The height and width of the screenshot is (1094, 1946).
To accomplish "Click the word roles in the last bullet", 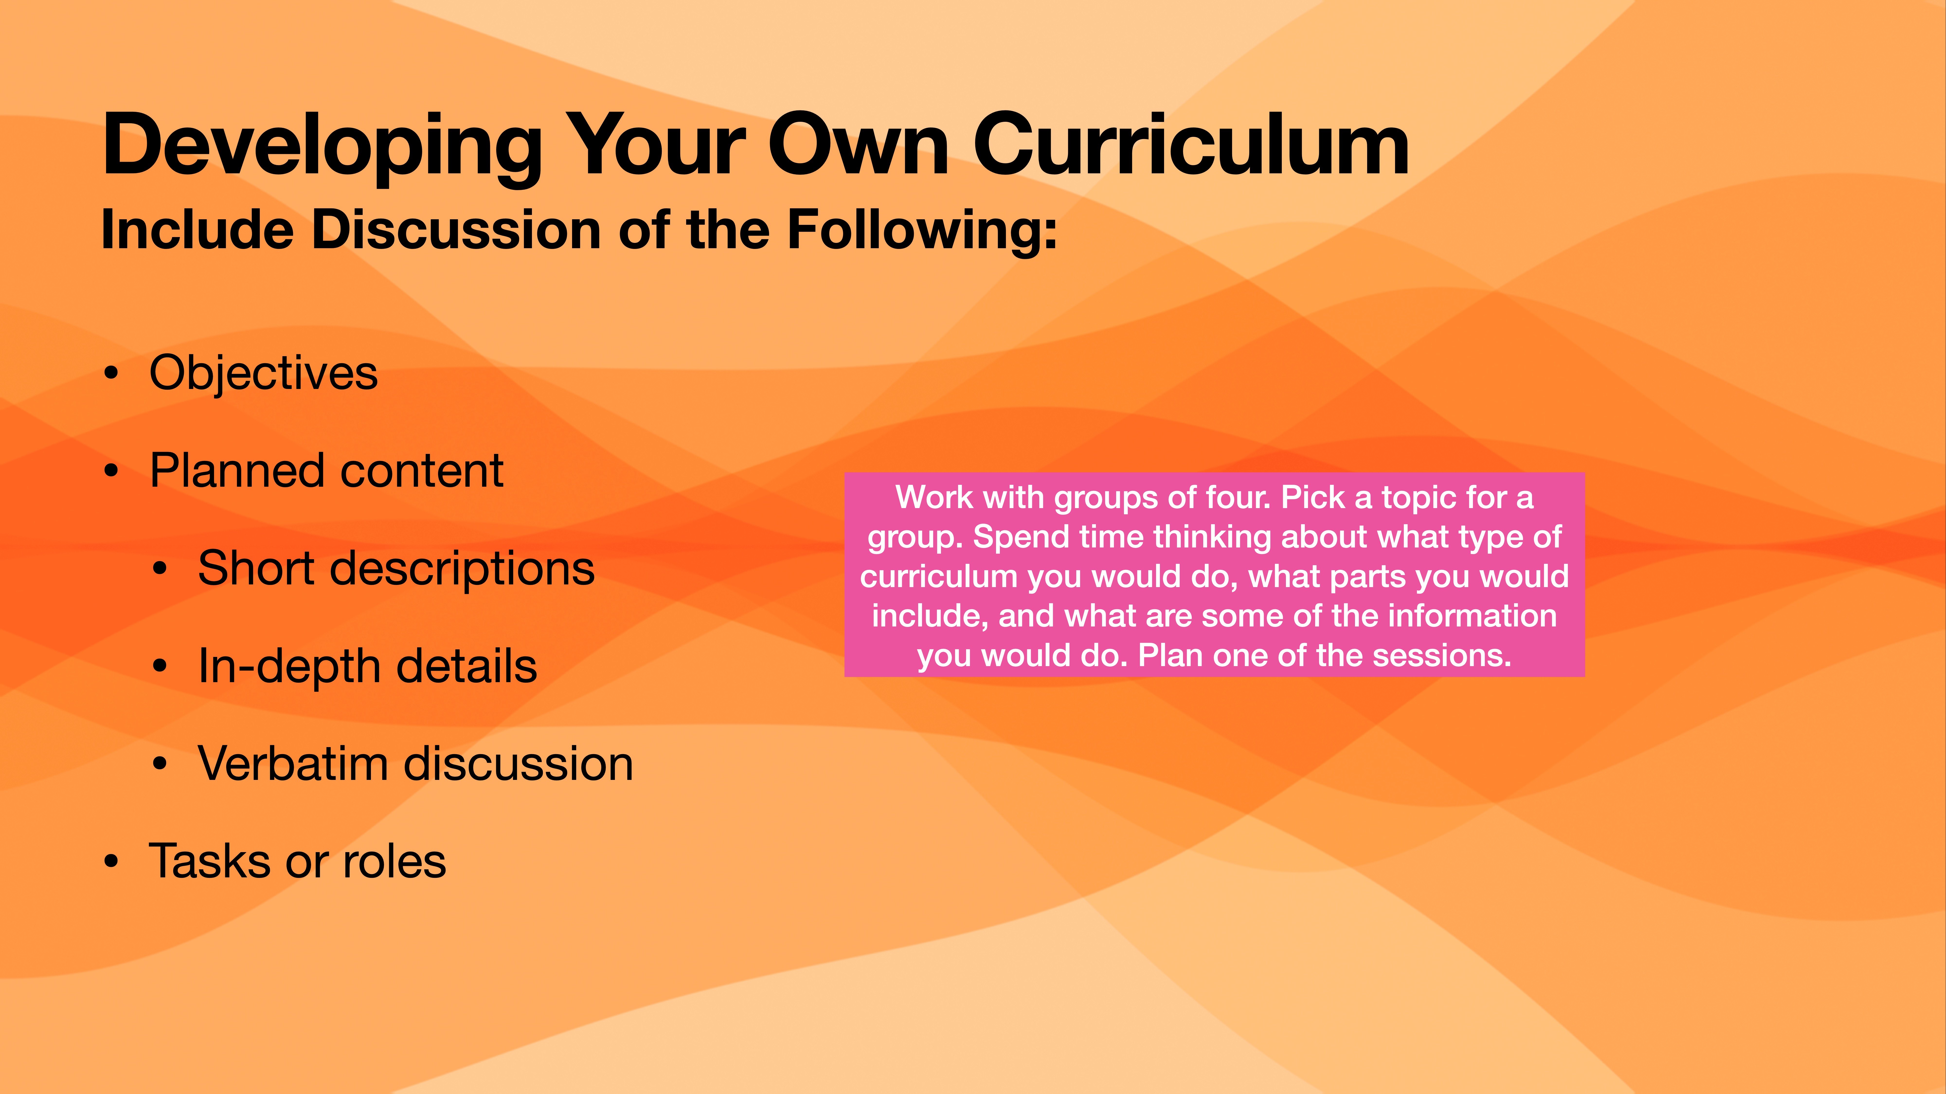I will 394,861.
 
